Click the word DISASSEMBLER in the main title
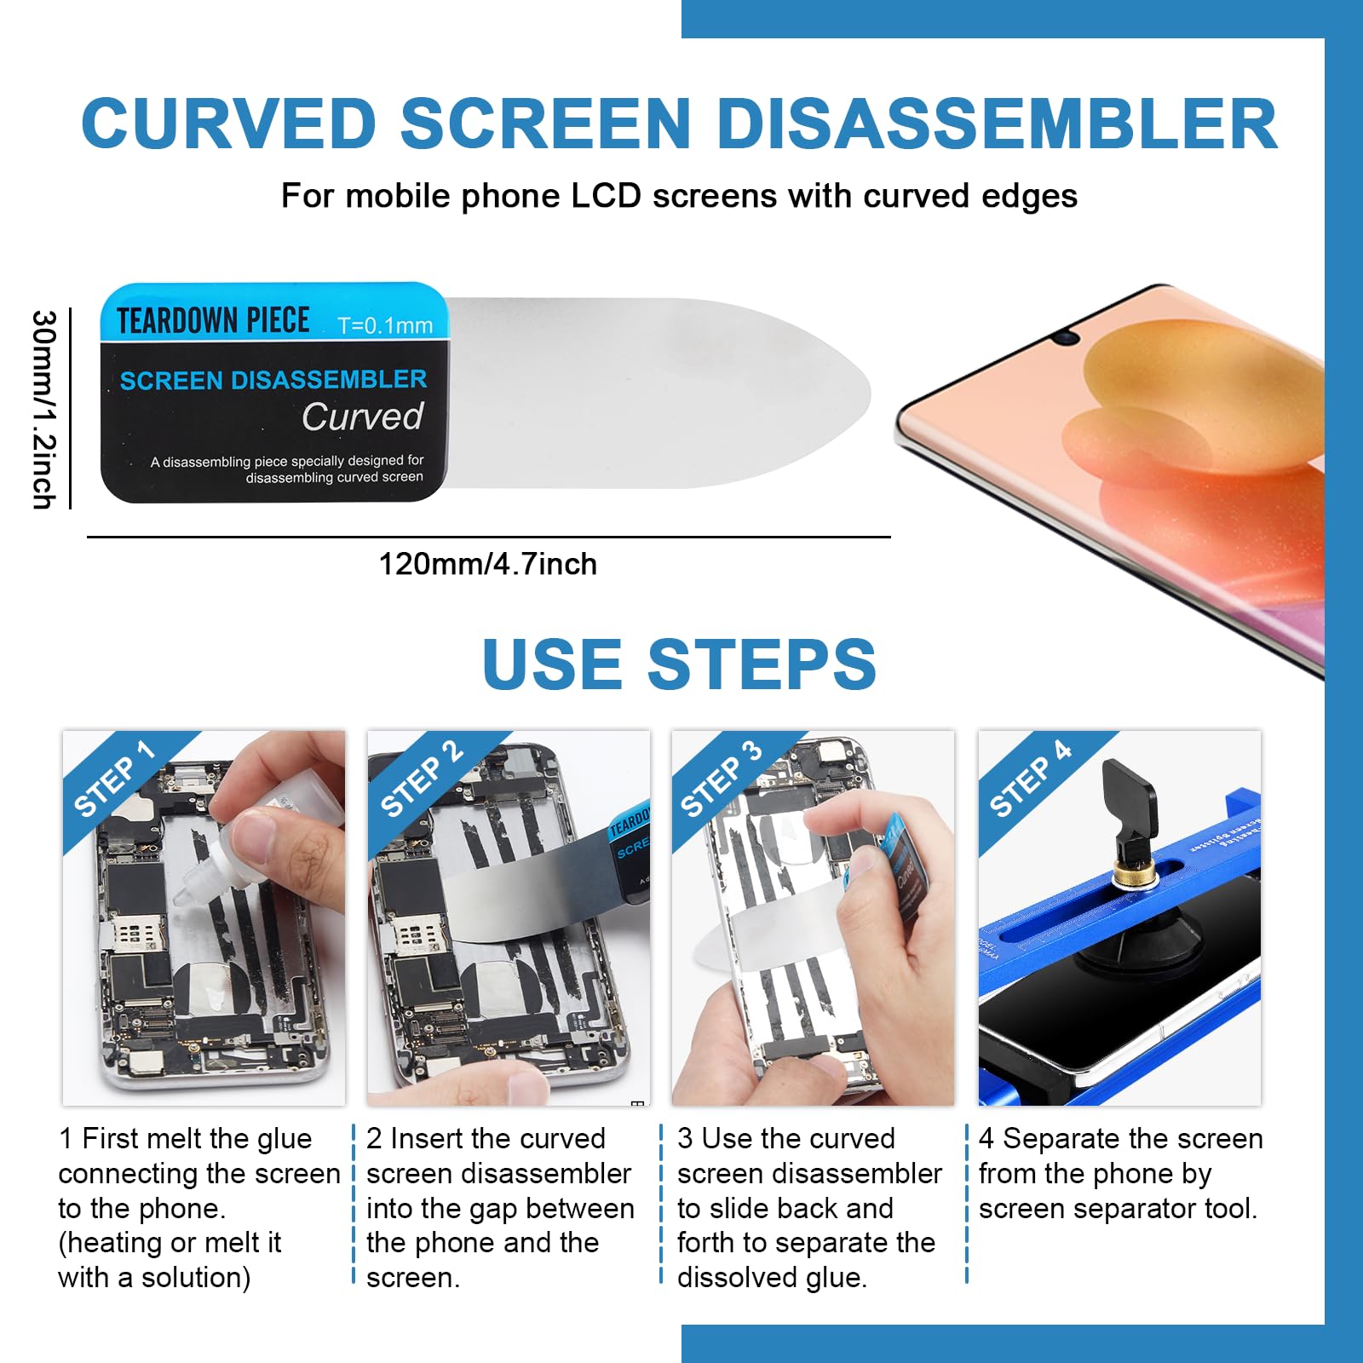[x=997, y=124]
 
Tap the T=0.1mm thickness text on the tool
[x=385, y=325]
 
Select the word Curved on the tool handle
[x=363, y=417]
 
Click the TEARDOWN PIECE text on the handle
[x=213, y=321]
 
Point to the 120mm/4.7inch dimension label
[x=487, y=564]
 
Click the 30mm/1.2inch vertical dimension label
[x=44, y=409]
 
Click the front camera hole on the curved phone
[x=1065, y=338]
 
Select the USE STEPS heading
[x=679, y=664]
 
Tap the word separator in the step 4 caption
[x=1124, y=1209]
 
